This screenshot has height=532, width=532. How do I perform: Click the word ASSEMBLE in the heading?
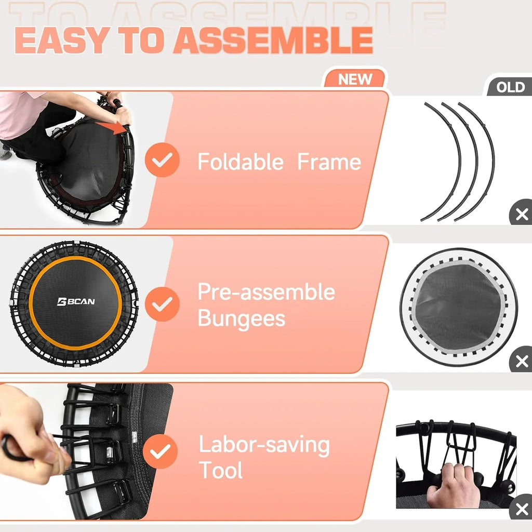pyautogui.click(x=273, y=40)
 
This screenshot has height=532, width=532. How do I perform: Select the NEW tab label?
pyautogui.click(x=355, y=79)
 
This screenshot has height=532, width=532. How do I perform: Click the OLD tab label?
pyautogui.click(x=510, y=87)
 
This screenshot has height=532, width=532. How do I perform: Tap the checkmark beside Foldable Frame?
pyautogui.click(x=162, y=161)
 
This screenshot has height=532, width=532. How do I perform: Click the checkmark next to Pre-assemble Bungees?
pyautogui.click(x=162, y=304)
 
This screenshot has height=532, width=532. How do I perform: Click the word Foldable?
pyautogui.click(x=241, y=162)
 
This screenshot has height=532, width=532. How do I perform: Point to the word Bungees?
pyautogui.click(x=242, y=318)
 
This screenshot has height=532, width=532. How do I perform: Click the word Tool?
pyautogui.click(x=221, y=471)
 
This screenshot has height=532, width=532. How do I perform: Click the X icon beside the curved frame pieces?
pyautogui.click(x=521, y=214)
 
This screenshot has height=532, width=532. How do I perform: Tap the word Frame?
pyautogui.click(x=329, y=162)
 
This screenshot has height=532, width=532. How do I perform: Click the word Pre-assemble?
pyautogui.click(x=266, y=292)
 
